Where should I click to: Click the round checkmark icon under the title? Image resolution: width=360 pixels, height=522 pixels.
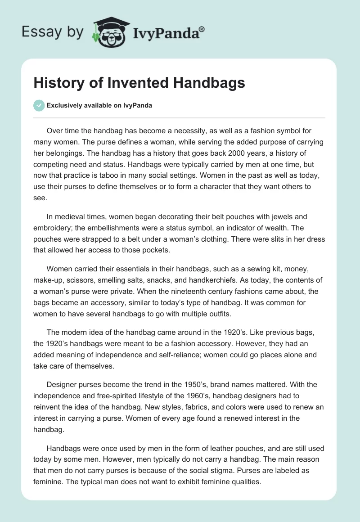tap(39, 105)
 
